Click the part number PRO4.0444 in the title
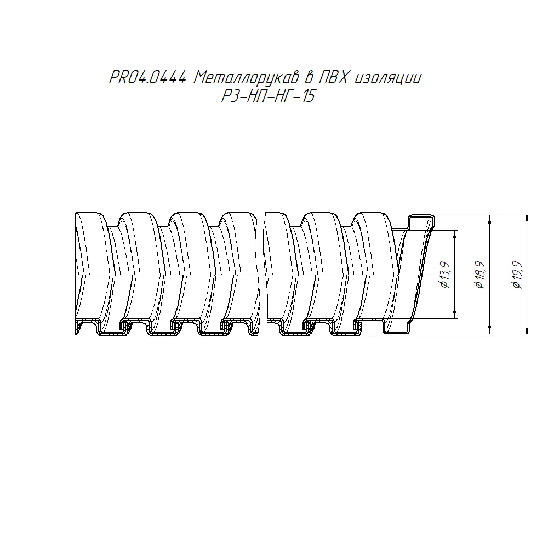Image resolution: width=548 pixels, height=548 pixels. (x=148, y=78)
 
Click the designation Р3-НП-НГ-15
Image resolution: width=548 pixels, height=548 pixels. (x=269, y=95)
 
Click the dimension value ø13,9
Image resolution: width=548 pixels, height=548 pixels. (x=446, y=275)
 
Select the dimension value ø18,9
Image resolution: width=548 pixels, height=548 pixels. (x=480, y=275)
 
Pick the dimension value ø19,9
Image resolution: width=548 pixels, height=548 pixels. (x=517, y=275)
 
